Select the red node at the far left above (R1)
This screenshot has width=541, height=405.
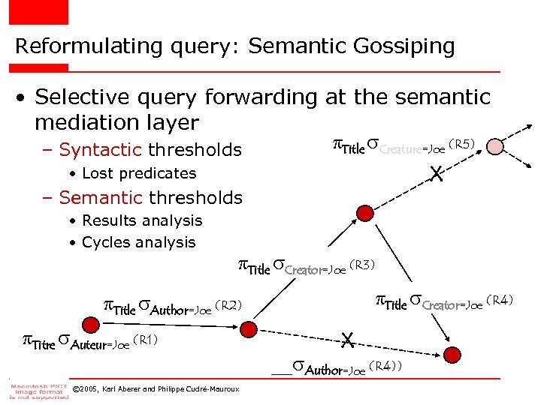tap(90, 325)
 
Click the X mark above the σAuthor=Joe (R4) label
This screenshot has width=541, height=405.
tap(346, 340)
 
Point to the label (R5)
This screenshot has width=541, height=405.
tap(461, 144)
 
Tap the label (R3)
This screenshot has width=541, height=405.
tap(362, 265)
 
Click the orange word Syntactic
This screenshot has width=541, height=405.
tap(101, 150)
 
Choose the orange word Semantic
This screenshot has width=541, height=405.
tap(101, 198)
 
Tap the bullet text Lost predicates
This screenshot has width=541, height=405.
tap(139, 173)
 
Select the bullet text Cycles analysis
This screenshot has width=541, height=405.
tap(138, 242)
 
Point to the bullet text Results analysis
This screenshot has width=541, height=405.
tap(142, 220)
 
